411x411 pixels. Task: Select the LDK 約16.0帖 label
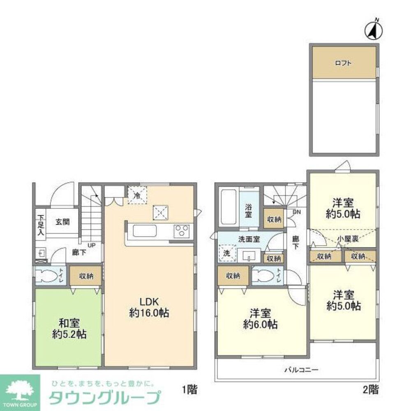[149, 307]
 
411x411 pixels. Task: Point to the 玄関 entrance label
[62, 222]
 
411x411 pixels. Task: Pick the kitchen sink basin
[144, 231]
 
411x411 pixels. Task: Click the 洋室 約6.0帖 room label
[260, 319]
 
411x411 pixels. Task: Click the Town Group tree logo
[19, 390]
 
